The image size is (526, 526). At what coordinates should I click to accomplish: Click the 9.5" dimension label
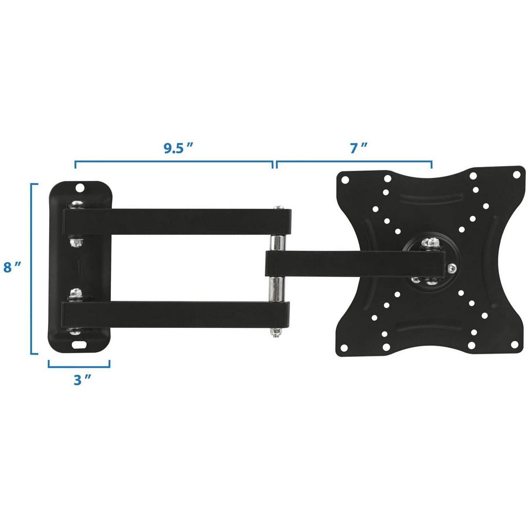[178, 148]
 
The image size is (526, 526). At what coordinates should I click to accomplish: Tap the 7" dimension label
[355, 148]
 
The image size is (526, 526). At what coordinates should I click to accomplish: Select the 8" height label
[12, 267]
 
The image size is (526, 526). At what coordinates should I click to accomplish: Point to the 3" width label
[82, 380]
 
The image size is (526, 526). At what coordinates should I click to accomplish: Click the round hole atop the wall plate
[80, 188]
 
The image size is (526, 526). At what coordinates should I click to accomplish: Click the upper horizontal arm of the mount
[177, 222]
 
